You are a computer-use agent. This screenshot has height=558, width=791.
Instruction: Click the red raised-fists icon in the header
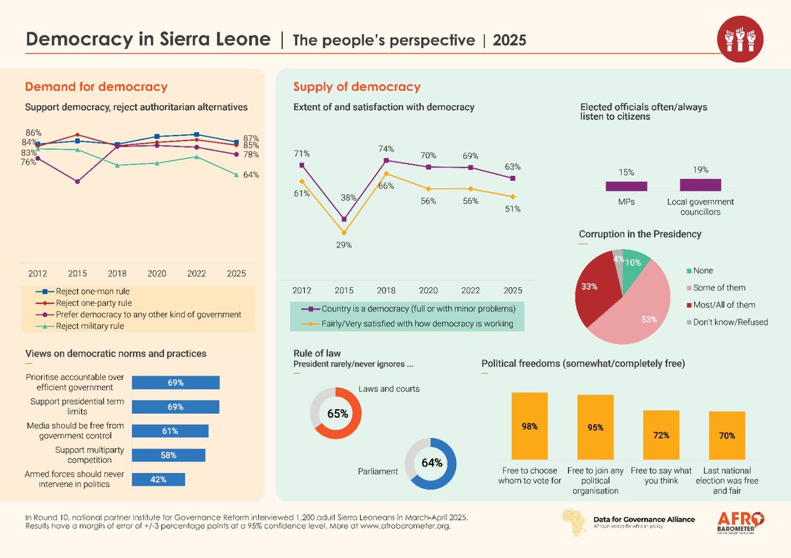pos(739,39)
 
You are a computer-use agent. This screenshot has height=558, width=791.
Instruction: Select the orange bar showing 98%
pos(530,426)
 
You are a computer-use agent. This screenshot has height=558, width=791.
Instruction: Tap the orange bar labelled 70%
pos(727,435)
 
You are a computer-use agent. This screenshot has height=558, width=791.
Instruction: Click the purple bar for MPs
pos(626,186)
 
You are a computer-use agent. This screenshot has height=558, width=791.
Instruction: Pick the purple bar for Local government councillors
pos(701,184)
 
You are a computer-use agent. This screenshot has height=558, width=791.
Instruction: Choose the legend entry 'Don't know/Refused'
pos(726,322)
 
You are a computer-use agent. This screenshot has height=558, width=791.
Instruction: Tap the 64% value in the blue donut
pos(430,462)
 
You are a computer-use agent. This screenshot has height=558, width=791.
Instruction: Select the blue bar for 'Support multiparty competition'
pos(169,455)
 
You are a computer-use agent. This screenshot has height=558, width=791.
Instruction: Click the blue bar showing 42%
pos(159,480)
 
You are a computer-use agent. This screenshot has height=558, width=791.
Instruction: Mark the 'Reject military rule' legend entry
pos(90,325)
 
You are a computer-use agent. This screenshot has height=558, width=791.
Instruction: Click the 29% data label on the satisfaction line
pos(344,245)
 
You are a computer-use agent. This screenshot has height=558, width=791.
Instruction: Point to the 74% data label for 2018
pos(386,148)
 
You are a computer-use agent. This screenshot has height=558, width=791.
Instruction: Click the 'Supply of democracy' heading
pos(357,87)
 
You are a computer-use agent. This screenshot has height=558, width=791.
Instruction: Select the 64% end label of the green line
pos(250,175)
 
